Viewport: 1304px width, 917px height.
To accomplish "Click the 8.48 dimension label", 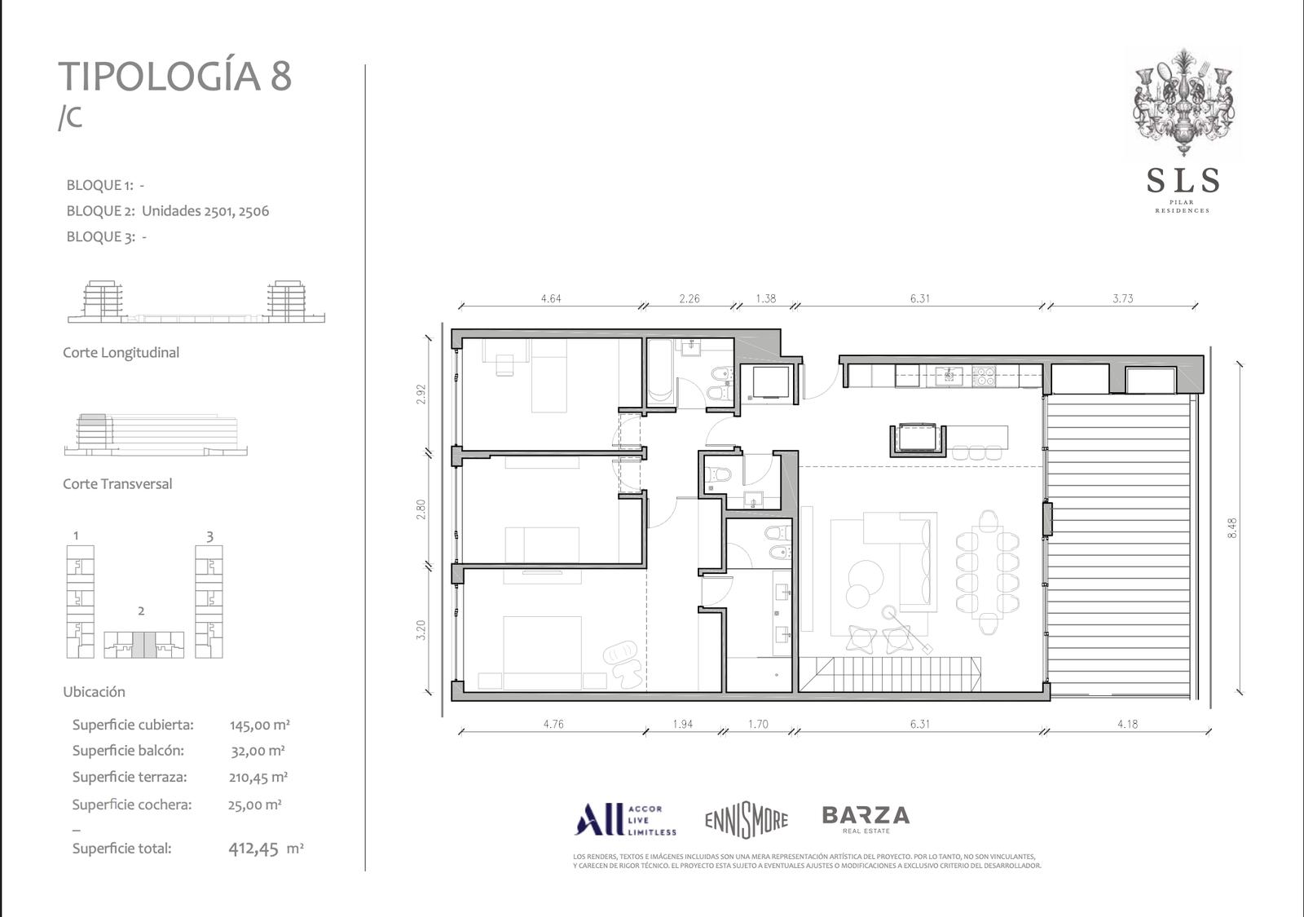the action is point(1231,527).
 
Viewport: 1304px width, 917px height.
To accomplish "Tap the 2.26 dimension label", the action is point(689,298).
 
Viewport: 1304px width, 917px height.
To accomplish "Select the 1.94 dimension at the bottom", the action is point(683,725).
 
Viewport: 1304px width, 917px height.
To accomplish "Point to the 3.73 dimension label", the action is point(1123,298).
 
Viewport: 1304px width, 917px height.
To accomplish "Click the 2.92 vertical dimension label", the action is point(421,395).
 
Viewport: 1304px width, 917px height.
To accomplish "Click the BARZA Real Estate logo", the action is point(866,819).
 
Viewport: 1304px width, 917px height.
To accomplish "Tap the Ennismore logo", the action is point(747,820).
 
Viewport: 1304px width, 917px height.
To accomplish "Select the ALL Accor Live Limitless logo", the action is point(624,820).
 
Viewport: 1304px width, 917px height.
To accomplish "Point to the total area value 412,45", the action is point(253,849).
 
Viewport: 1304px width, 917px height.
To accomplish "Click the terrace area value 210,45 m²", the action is point(258,778).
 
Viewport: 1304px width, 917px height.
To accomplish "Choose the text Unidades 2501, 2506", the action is point(205,211).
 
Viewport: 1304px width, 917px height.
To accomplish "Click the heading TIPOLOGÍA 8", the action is point(174,77).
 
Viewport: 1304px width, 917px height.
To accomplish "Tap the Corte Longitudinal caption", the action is point(121,352).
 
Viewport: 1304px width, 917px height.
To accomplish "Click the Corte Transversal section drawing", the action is point(156,435).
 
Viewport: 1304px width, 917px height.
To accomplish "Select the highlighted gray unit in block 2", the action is point(144,645).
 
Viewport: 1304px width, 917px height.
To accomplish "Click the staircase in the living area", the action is point(889,673).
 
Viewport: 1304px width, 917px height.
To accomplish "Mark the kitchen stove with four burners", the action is point(983,376).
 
